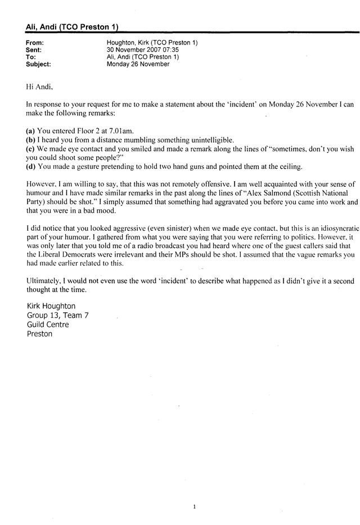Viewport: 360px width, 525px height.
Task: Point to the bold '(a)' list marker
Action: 31,131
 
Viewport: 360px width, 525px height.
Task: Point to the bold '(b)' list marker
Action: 31,139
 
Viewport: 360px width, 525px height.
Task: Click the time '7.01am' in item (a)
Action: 119,131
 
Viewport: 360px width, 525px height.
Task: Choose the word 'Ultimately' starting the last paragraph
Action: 44,280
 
